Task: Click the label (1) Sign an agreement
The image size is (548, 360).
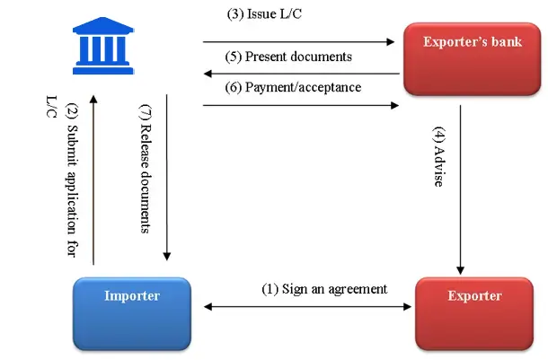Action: (324, 289)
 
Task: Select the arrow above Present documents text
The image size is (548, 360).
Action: (298, 41)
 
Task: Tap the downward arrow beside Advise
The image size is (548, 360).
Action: (462, 189)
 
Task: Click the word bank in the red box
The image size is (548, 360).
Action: (506, 41)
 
